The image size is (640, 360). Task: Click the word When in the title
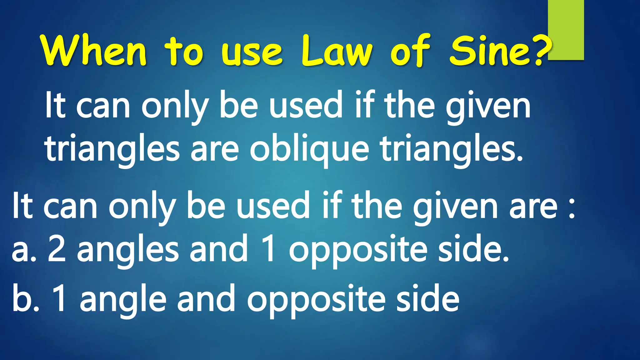tap(94, 51)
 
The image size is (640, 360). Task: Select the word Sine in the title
tap(491, 51)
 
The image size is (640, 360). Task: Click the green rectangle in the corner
tap(566, 30)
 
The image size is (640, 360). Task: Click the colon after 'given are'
tap(572, 209)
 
